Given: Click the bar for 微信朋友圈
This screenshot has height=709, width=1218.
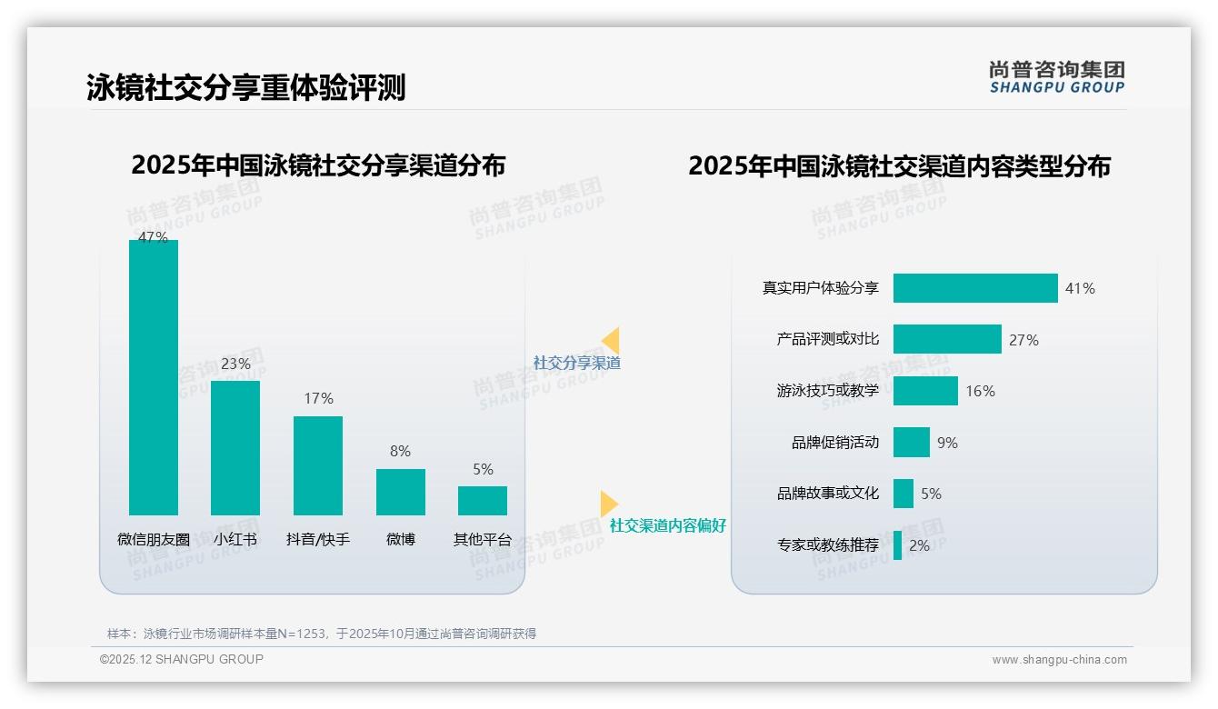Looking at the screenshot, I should (154, 377).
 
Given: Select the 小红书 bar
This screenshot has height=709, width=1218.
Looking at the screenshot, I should (235, 447).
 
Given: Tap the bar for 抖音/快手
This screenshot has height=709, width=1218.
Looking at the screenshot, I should (318, 465).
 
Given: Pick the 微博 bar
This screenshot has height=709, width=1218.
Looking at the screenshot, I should (401, 492).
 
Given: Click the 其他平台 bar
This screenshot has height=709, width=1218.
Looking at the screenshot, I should (483, 501).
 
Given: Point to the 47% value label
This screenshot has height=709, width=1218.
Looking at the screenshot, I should (153, 237).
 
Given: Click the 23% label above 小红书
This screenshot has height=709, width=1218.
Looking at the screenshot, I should (235, 364).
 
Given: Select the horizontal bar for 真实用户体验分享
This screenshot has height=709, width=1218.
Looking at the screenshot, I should (975, 288).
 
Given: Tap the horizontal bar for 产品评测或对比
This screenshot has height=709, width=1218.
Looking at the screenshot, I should (947, 339).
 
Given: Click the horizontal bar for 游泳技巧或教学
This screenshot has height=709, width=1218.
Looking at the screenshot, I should (925, 391).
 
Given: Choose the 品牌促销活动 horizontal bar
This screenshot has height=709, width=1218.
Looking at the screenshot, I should (912, 443).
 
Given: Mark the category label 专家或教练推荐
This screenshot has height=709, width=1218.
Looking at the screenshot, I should (828, 545).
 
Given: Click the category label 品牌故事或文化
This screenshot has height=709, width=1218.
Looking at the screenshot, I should (828, 494).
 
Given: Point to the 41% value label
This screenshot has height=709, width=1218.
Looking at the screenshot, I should (1080, 289).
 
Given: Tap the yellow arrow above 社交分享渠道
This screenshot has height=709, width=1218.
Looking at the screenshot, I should (610, 341).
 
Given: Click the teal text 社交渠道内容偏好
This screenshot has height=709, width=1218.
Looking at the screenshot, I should (668, 526).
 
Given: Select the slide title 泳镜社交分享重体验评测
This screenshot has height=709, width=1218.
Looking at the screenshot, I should (245, 87).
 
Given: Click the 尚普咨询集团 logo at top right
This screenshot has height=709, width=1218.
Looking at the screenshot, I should (1057, 76).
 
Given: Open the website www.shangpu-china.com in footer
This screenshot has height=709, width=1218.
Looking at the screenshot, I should (1059, 660).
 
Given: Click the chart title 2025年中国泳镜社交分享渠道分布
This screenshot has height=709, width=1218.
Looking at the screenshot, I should (318, 165).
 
